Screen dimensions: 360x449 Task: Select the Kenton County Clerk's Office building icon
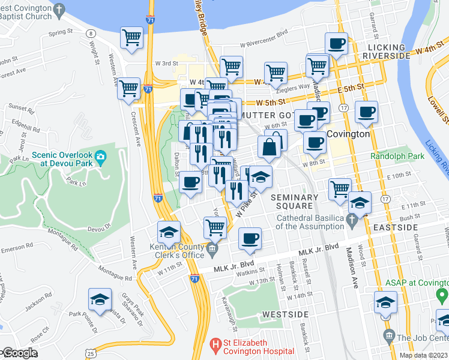pos(211,248)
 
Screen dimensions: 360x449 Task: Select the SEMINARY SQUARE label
pos(294,202)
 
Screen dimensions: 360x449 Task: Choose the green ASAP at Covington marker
pos(442,295)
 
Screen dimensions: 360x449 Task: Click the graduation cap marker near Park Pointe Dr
pos(100,299)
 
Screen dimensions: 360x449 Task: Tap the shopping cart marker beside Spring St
pos(131,37)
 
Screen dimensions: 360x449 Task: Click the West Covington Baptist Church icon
pos(58,10)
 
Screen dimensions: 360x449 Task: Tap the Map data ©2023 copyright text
pos(423,355)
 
